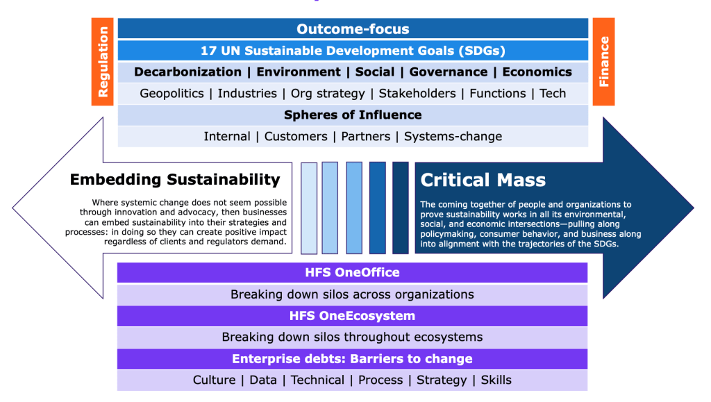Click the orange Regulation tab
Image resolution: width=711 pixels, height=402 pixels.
point(103,62)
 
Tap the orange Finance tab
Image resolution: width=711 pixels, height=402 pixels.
point(603,62)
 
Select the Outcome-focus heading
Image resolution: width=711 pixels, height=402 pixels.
point(353,29)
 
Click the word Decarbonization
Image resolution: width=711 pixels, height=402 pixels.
point(187,72)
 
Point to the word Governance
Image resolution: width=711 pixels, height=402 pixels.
point(449,72)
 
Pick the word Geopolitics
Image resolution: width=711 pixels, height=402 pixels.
point(172,93)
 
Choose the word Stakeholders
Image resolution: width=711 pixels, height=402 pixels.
point(417,93)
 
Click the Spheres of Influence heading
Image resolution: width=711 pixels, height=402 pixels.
point(353,115)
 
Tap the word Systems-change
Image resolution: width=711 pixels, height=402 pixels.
point(453,136)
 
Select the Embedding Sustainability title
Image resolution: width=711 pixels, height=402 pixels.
point(175,179)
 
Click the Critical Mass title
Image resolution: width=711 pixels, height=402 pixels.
point(483,180)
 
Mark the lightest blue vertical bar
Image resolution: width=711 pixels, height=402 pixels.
point(309,208)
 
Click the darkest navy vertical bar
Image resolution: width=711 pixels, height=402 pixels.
point(401,208)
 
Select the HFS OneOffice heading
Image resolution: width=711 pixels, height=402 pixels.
point(352,272)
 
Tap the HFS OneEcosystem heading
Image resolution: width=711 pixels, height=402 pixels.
point(352,316)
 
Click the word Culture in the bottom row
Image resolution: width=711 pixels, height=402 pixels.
point(214,380)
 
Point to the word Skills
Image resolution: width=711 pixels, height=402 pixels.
point(496,380)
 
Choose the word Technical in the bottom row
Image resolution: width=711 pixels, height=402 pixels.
point(317,380)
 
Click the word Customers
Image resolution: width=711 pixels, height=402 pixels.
point(296,136)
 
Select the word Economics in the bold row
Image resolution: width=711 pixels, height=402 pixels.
point(537,72)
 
